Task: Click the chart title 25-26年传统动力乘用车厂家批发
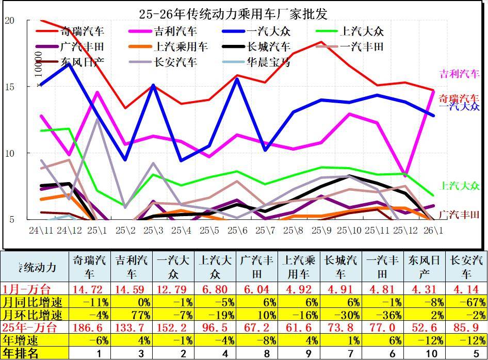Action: [233, 13]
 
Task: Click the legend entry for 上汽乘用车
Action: [180, 47]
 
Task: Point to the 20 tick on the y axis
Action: [9, 20]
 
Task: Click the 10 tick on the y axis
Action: [9, 153]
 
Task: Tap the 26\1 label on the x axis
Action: [432, 228]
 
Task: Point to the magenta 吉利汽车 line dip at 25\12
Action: [406, 176]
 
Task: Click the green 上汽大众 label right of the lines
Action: [459, 186]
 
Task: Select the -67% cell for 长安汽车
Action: [467, 301]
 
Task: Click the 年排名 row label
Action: [21, 353]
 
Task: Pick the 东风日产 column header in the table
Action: [425, 266]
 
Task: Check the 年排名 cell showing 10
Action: [425, 353]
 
